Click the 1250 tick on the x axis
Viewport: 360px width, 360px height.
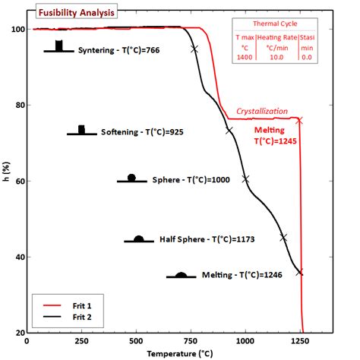pos(301,343)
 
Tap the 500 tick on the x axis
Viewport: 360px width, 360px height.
pos(137,343)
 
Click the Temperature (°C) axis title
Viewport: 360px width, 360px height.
pos(179,353)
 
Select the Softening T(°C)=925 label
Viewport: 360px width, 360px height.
pos(142,132)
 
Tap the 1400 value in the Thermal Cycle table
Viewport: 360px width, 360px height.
pos(245,56)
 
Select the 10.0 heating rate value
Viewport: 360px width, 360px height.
pos(276,56)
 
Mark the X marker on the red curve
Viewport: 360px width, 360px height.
pos(299,120)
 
